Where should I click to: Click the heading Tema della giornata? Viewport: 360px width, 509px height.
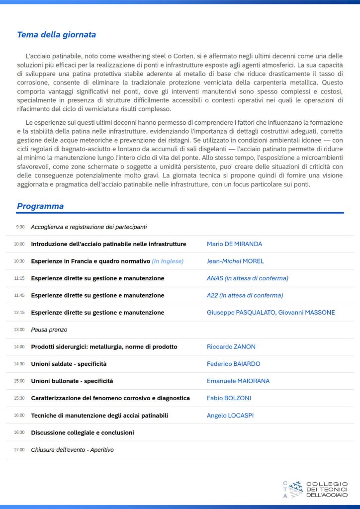56,35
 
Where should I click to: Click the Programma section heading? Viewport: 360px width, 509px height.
40,206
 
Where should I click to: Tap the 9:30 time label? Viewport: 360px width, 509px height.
20,227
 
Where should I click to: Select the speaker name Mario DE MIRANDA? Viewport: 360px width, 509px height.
234,244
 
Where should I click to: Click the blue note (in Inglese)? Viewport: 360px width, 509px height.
168,261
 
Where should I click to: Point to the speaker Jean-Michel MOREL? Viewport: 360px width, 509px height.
235,261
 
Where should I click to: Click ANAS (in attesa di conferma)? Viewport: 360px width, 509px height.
247,278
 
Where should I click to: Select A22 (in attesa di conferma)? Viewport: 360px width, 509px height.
245,295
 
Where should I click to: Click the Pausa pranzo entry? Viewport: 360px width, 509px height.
49,330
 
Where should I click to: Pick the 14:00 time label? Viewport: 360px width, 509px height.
19,347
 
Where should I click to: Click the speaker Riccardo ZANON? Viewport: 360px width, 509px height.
231,347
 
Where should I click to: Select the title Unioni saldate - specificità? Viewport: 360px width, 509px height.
69,364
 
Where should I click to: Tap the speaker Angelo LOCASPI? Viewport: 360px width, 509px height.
230,416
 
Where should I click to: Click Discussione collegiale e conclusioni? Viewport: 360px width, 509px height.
82,432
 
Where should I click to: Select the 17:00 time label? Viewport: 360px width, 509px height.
19,450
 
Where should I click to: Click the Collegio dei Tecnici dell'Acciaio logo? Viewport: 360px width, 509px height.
315,489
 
